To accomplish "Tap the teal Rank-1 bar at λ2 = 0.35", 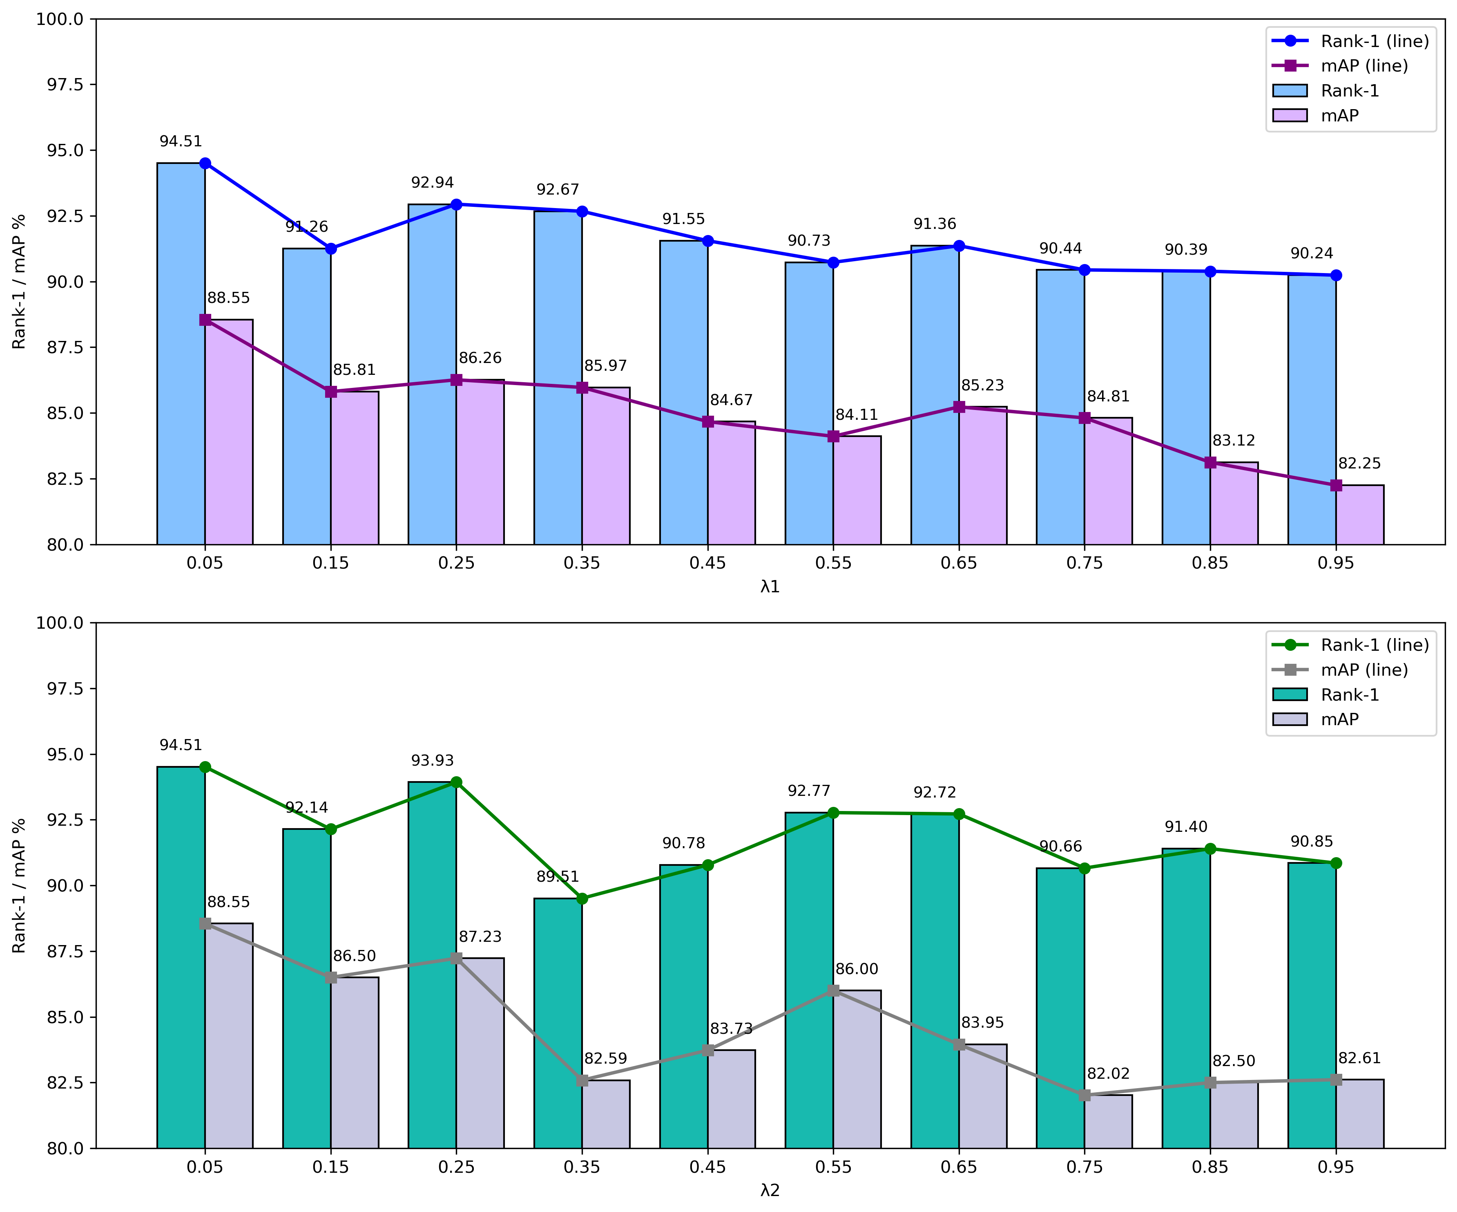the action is coord(558,1023).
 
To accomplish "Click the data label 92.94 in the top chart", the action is coord(432,183).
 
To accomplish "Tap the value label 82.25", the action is coord(1360,463).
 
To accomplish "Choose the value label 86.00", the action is coord(857,969).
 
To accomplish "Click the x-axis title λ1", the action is coord(770,587).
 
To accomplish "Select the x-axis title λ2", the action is coord(770,1191).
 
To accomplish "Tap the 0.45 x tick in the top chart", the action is coord(708,563).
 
